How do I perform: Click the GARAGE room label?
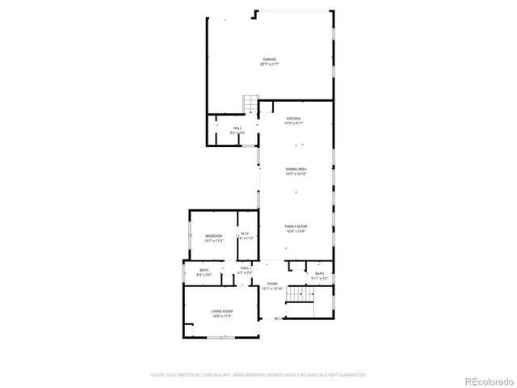[269, 59]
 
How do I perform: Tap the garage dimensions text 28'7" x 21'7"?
[269, 64]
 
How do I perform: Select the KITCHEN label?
[292, 119]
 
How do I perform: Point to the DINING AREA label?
[296, 169]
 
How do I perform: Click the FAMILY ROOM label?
[296, 226]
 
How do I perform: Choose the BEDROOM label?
[213, 235]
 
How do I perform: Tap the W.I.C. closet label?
[246, 235]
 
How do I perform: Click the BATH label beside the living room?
[204, 270]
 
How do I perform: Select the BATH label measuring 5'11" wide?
[320, 274]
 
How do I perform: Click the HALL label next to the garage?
[237, 128]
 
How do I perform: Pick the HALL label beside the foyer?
[244, 268]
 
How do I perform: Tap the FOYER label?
[272, 284]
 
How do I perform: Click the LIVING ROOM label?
[222, 311]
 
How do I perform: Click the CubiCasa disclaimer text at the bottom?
[258, 375]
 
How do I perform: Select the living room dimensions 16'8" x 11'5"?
[222, 316]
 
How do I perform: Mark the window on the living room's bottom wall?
[216, 338]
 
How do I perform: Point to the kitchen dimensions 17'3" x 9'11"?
[292, 124]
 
